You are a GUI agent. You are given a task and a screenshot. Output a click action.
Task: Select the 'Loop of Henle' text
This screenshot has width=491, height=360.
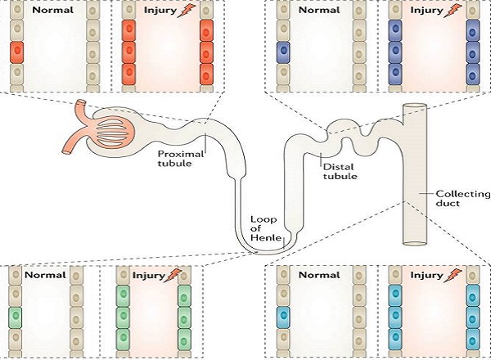(x=266, y=226)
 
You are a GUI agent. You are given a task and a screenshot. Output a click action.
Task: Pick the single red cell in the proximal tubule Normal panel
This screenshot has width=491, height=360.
(x=17, y=56)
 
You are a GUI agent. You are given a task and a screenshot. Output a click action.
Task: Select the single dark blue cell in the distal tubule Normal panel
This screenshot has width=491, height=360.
(x=283, y=53)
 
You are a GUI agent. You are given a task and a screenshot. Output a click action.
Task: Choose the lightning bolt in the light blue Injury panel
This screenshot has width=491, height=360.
(x=448, y=276)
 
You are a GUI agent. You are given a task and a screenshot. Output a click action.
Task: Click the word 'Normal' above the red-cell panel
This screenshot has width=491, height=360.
(x=50, y=11)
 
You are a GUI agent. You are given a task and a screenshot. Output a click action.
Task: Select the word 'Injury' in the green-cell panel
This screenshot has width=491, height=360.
(x=147, y=276)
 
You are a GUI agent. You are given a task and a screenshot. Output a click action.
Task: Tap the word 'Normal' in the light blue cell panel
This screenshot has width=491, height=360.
(x=318, y=276)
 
